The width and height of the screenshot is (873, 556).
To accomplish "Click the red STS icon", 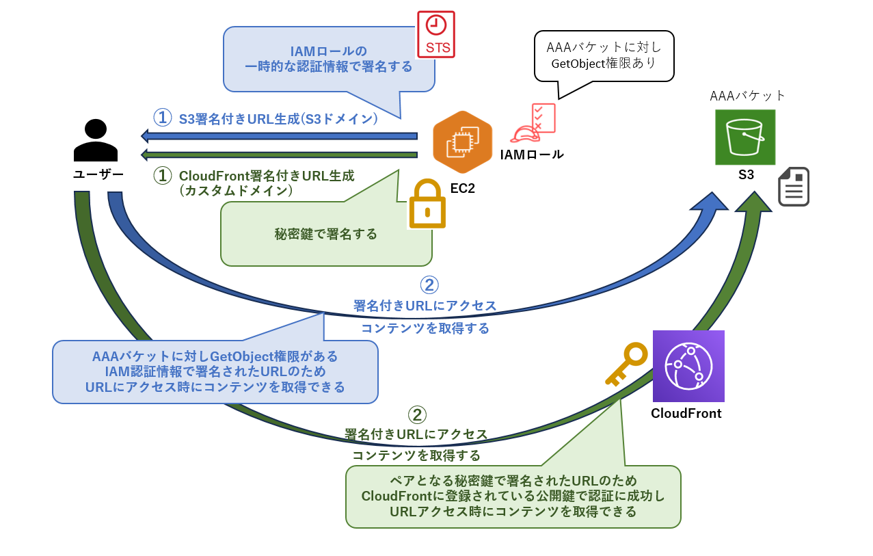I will click(435, 34).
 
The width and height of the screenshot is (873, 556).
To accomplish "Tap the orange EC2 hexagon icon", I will click(462, 142).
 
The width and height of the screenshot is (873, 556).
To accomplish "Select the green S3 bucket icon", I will click(745, 137).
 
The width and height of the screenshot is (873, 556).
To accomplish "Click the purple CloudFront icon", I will click(688, 366).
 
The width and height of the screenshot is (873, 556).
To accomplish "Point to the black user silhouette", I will click(95, 140).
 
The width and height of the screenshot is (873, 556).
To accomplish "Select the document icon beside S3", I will click(793, 187).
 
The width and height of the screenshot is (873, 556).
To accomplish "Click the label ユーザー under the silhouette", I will click(98, 174).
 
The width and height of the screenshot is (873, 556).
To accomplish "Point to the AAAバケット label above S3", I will click(748, 96).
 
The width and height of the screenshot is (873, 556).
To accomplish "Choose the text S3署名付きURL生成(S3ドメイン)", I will click(278, 118).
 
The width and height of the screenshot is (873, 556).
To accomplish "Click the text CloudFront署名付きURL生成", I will click(267, 176).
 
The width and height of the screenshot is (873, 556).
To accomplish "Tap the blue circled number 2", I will click(429, 284).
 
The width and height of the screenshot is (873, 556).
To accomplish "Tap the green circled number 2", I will click(417, 414).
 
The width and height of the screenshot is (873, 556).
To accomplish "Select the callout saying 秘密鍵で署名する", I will click(325, 235).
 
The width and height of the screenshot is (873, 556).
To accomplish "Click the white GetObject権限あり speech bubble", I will click(604, 55).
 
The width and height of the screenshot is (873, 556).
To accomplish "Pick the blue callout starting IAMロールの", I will click(328, 59).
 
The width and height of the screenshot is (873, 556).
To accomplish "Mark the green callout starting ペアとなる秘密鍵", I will click(513, 496).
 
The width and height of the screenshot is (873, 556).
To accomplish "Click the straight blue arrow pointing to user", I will click(280, 135).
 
